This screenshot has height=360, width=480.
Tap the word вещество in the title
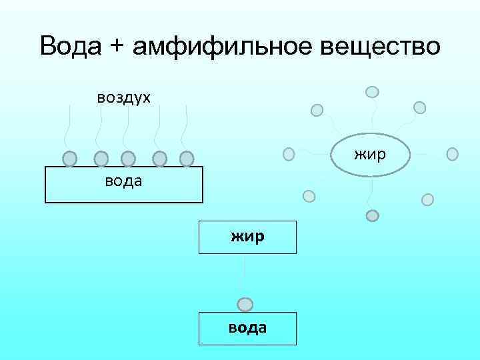(x=382, y=47)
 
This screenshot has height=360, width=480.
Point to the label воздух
(x=124, y=97)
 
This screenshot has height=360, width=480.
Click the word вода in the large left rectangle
(x=123, y=181)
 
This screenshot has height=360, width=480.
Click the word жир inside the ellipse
(x=370, y=155)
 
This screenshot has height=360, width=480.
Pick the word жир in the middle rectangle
(x=247, y=236)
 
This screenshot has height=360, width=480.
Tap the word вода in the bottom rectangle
(x=247, y=327)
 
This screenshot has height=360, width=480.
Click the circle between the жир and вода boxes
(x=245, y=305)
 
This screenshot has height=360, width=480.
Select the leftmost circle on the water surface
(x=70, y=159)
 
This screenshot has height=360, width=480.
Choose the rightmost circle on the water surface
(x=187, y=159)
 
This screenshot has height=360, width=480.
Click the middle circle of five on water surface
(x=128, y=159)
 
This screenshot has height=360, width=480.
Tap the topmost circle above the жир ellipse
(x=373, y=92)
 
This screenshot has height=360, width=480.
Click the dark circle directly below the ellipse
(x=373, y=215)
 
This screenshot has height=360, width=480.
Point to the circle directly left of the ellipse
(x=289, y=154)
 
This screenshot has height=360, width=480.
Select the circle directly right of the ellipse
(x=452, y=154)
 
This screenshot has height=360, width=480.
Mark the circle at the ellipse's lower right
(x=428, y=199)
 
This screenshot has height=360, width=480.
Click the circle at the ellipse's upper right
(x=419, y=107)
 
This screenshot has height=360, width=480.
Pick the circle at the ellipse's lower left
(x=309, y=196)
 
